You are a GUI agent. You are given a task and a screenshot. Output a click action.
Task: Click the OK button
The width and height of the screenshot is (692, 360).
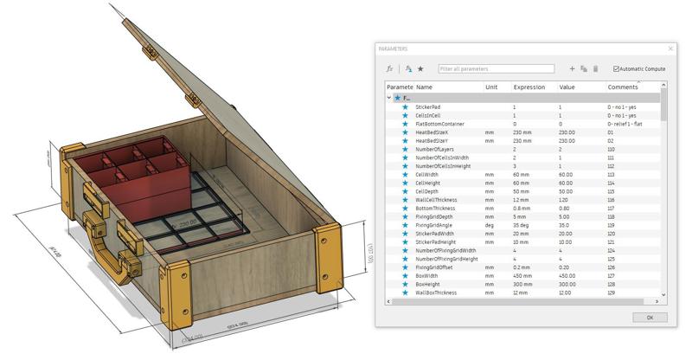point(650,318)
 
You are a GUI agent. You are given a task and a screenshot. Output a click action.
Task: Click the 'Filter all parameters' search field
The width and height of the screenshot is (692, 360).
point(496,68)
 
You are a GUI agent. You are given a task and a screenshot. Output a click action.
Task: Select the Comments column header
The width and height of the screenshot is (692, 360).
point(623,87)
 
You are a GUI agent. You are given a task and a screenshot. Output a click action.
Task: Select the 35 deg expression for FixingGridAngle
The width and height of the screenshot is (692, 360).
point(521,225)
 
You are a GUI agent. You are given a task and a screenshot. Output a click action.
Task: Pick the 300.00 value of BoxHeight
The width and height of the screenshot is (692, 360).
point(567,285)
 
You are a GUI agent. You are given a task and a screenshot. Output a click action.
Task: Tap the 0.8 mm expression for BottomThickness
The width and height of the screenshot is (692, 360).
point(522,208)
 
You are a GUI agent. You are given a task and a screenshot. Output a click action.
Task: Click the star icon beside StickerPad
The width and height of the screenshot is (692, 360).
point(405,106)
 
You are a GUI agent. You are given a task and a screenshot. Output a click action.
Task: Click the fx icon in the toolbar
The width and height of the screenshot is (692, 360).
point(389,68)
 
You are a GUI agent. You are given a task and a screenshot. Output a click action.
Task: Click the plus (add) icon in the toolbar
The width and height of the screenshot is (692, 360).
point(572,68)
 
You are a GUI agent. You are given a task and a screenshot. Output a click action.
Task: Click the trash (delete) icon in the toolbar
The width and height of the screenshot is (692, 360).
point(595,68)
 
